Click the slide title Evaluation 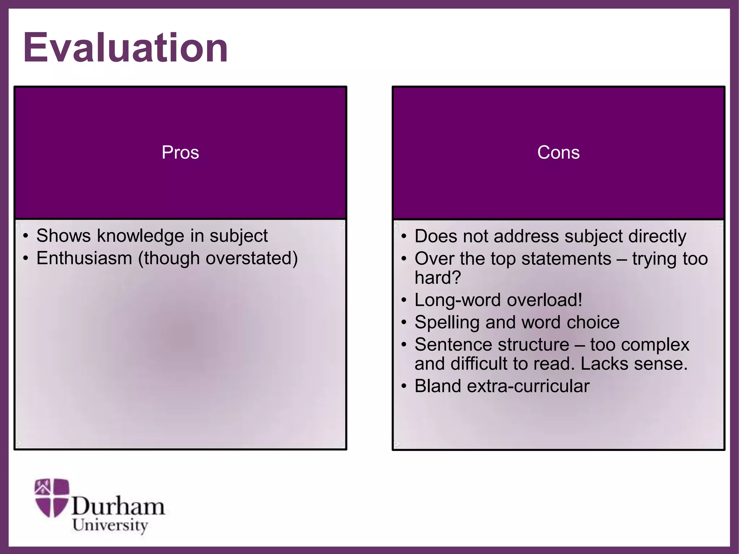[126, 48]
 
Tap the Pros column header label [180, 152]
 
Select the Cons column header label [558, 152]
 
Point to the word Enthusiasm [84, 259]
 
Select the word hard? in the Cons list [438, 278]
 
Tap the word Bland [438, 386]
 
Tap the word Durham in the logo [118, 506]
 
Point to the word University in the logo [110, 526]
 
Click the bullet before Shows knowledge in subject [25, 237]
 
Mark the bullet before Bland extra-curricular [404, 386]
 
